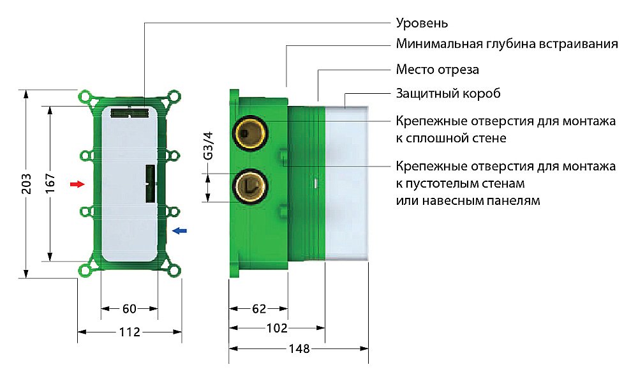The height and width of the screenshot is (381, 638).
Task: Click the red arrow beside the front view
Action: coord(77,184)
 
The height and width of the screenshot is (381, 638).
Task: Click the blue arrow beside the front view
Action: coord(181,231)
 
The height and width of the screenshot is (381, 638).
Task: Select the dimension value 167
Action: coord(51,184)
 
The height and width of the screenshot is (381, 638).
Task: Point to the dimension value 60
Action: coord(130,309)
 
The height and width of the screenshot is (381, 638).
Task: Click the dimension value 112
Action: coord(130,332)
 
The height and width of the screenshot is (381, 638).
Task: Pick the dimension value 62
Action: coord(259,309)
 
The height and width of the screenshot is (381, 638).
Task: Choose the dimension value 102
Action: coord(277,329)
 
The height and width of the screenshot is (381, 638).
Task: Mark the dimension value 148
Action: coord(299,349)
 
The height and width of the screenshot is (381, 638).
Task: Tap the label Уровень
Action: coord(422,24)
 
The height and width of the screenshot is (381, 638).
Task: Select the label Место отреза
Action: coord(437,70)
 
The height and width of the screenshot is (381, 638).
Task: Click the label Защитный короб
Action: coord(448,94)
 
